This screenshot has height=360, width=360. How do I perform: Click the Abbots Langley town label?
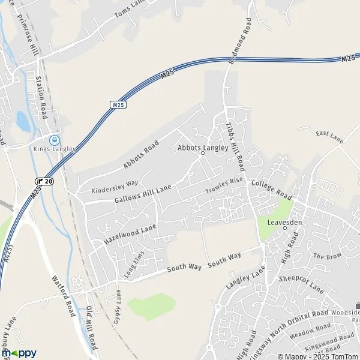click(x=203, y=147)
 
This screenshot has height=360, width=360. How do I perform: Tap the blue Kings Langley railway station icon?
click(x=55, y=137)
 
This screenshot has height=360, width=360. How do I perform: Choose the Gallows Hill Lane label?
click(x=142, y=194)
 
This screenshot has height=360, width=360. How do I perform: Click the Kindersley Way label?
click(x=115, y=187)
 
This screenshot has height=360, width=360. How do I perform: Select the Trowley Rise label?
click(x=224, y=185)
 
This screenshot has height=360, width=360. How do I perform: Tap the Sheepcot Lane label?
click(x=301, y=285)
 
